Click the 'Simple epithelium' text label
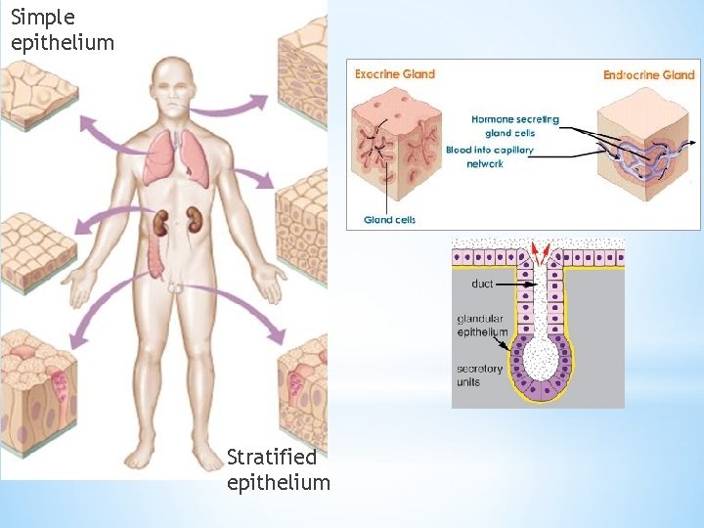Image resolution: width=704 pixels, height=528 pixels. pos(63,29)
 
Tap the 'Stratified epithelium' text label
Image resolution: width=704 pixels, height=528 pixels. pos(278,469)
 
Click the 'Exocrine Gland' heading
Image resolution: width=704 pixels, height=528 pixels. pos(394,73)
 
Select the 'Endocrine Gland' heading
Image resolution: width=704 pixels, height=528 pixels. pos(648,74)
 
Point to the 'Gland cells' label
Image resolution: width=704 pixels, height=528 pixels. pos(389,219)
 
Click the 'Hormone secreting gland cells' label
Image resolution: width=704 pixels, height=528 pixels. pos(515,126)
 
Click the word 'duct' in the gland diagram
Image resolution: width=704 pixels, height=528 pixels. pos(482,284)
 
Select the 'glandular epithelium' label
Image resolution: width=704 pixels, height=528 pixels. pos(482,326)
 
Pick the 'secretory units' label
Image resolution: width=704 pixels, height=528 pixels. pos(480,375)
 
